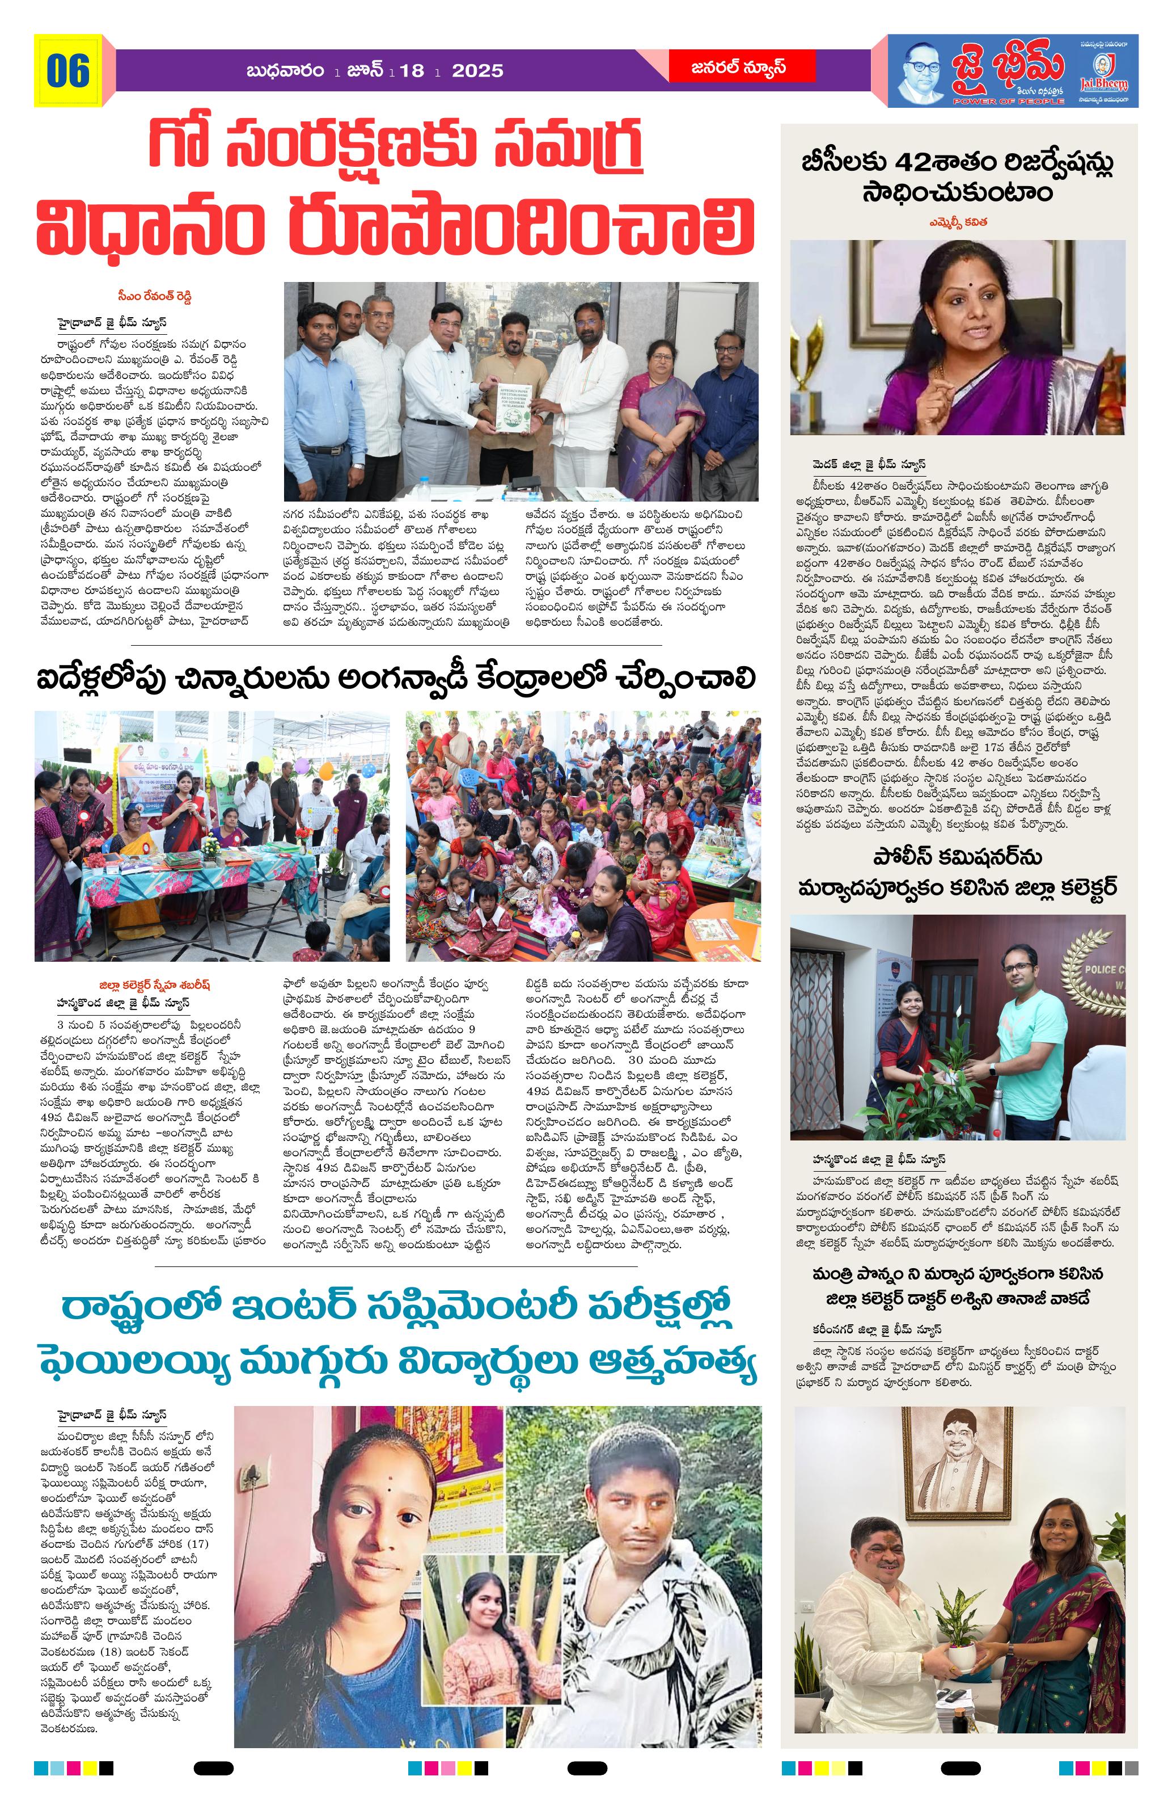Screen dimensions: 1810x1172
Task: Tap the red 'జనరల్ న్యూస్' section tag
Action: click(741, 67)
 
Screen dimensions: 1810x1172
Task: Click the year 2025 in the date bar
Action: click(477, 71)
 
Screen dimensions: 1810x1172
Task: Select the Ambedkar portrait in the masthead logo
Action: click(921, 72)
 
